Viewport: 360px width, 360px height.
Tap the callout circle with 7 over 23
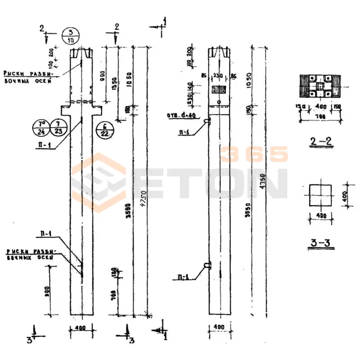(58, 127)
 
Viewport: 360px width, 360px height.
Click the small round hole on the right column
(218, 102)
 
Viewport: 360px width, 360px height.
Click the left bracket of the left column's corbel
(65, 109)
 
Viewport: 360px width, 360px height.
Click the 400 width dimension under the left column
(81, 328)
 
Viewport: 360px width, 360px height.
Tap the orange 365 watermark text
(255, 154)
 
